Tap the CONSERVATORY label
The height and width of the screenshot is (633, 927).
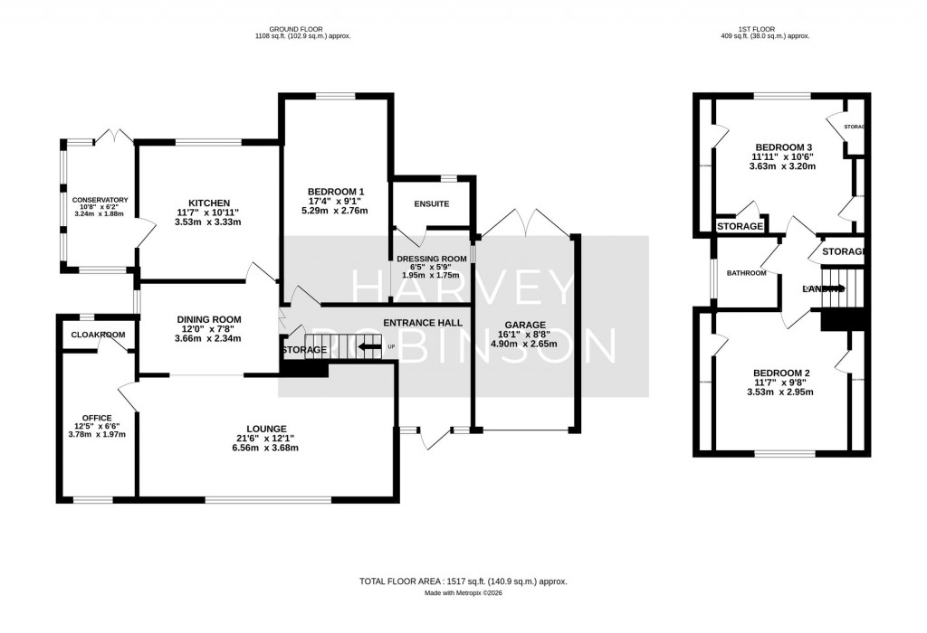pos(100,200)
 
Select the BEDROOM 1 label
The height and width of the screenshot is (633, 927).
pos(336,191)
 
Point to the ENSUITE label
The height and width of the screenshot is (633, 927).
pos(432,203)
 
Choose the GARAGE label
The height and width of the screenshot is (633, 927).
pos(525,324)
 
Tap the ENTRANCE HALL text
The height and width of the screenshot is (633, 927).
pos(423,323)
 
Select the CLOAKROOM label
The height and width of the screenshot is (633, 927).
pos(98,335)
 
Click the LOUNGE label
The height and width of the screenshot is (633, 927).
pos(267,429)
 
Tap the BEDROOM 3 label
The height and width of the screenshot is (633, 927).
pos(783,147)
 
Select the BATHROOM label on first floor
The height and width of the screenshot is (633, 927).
pos(747,273)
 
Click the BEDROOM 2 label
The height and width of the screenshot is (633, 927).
pos(781,373)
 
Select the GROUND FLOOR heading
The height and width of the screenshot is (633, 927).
pos(302,29)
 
